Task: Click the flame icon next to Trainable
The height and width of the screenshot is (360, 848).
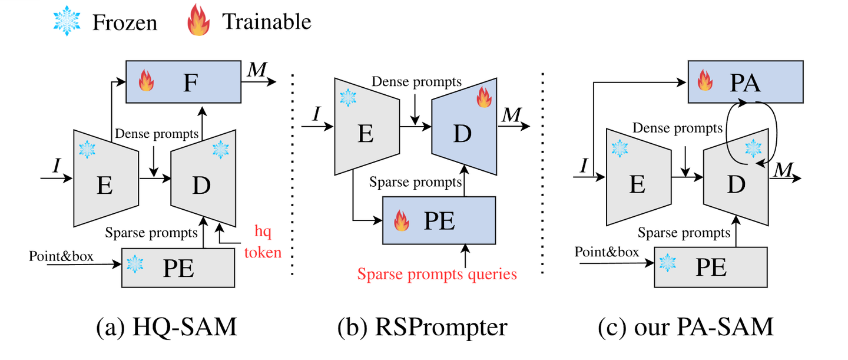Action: (x=198, y=22)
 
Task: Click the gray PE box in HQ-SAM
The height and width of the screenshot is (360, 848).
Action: (x=178, y=267)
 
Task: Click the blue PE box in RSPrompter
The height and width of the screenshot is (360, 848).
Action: (x=439, y=220)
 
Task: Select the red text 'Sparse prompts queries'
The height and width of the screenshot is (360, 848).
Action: (x=436, y=274)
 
